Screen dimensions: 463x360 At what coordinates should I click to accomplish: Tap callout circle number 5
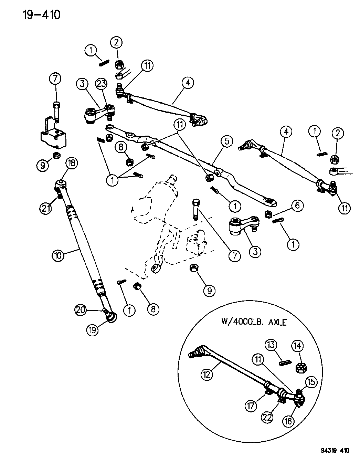227,141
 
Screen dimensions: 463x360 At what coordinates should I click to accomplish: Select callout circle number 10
58,255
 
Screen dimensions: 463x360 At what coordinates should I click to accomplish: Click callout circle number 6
297,206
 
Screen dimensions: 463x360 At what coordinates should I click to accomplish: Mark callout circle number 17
251,406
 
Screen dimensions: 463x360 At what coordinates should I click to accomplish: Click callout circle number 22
267,417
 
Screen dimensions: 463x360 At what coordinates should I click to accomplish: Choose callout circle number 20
81,310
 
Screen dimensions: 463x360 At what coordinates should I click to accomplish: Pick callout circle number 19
93,330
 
